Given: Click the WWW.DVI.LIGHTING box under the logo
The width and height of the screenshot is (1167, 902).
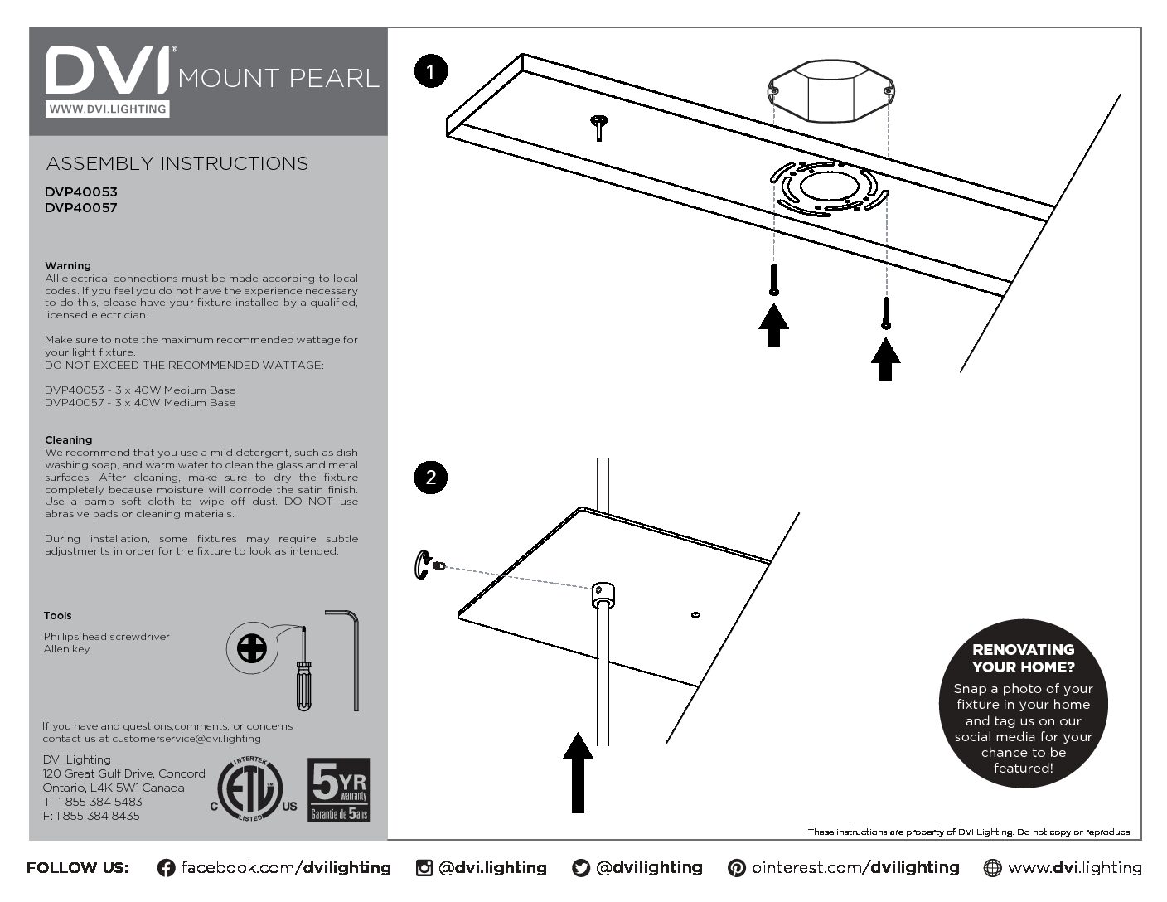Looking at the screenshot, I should coord(107,109).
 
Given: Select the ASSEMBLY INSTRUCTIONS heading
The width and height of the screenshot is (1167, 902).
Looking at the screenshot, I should coord(177,163).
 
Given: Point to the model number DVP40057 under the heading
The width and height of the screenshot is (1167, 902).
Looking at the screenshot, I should coord(81,208).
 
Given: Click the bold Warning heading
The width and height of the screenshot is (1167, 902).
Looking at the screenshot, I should coord(68,266).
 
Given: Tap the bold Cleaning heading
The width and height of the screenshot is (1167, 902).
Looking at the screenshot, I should coord(69,440).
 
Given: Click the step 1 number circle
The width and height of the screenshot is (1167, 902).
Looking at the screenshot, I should coord(430,71).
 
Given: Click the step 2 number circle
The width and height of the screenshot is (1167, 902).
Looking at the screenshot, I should coord(430,478).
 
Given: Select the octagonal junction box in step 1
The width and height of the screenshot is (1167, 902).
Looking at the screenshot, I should coord(830,90).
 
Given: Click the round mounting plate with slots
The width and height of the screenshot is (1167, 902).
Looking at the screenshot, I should coord(829,189).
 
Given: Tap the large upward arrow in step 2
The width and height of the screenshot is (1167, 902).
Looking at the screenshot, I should coord(578,772).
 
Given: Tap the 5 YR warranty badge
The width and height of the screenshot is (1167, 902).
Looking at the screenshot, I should coord(339,789).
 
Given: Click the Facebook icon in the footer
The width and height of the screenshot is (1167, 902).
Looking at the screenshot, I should coord(166,868).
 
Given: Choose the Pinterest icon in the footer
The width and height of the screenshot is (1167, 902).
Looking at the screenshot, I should coord(736,868).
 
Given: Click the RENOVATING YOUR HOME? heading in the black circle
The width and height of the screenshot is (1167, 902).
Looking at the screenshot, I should coord(1023,658).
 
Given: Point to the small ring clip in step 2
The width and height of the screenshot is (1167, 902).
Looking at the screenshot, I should coord(421,565).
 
